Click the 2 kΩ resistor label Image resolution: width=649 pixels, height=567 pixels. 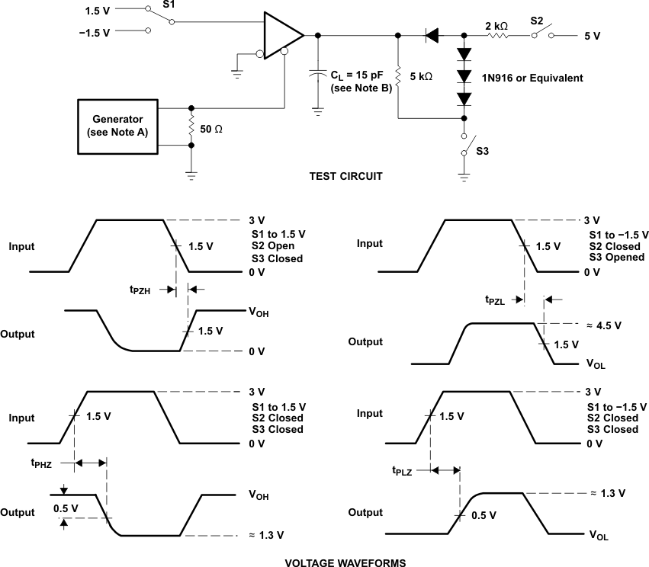pos(496,26)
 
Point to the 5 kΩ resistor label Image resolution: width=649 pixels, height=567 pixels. pos(419,77)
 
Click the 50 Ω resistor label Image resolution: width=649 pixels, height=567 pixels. pos(211,130)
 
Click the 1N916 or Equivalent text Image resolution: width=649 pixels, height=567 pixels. pos(532,78)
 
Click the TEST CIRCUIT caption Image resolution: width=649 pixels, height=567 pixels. pos(345,176)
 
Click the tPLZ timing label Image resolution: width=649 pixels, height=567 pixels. pos(401,471)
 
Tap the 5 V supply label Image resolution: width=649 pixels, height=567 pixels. pos(593,36)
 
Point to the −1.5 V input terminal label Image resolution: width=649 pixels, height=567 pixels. pos(95,33)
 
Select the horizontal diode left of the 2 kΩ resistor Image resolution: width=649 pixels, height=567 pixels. pos(432,35)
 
